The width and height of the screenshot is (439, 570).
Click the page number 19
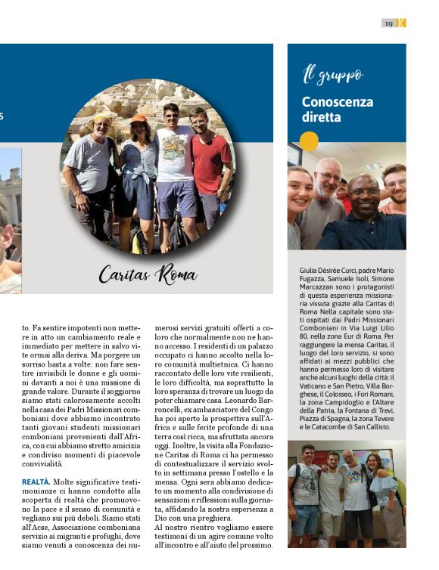(388, 23)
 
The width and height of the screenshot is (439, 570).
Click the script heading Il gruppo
(332, 75)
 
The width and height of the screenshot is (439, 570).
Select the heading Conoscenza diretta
(327, 109)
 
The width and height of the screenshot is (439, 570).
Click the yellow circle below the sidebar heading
(308, 141)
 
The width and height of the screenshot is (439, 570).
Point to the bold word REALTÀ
(36, 480)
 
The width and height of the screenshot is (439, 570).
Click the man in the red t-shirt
(208, 166)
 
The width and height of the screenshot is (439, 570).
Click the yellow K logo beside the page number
(401, 23)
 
